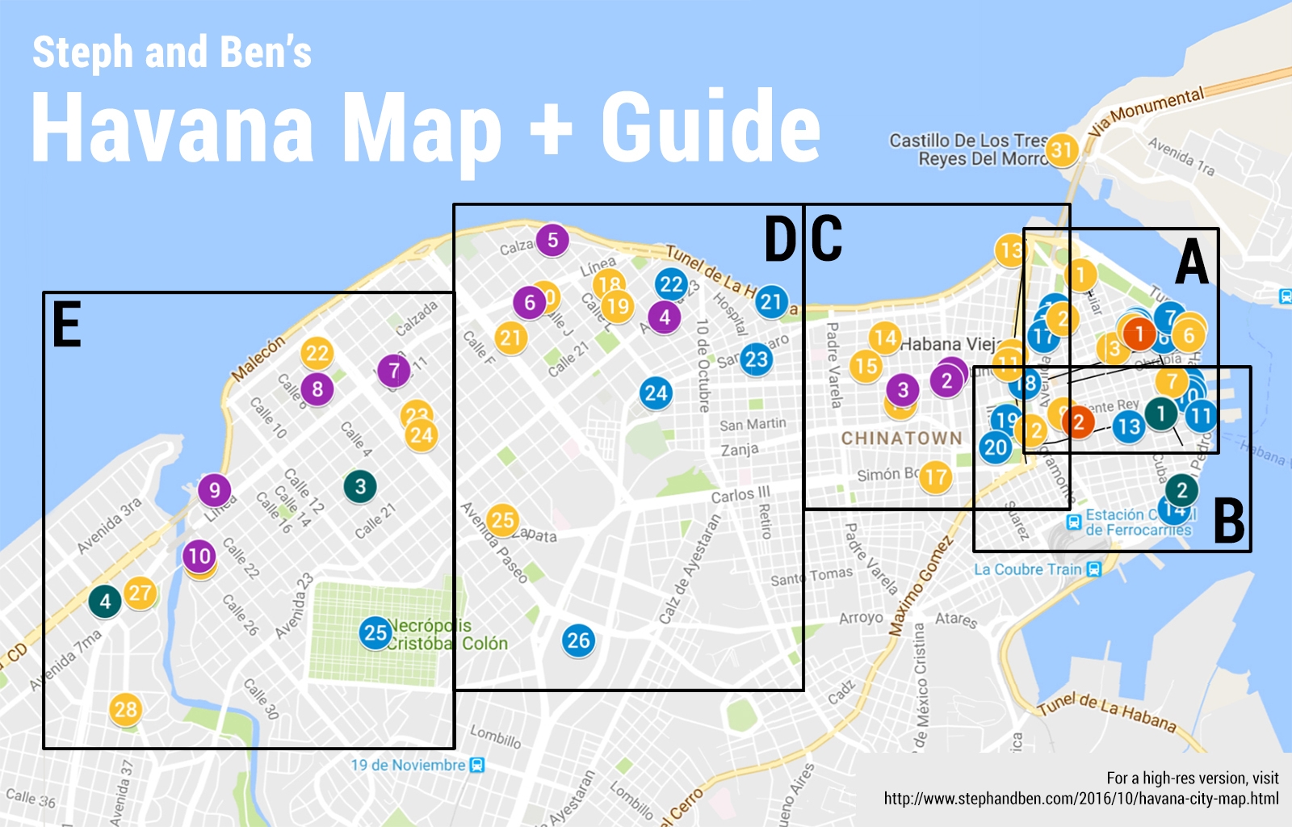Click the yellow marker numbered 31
coord(1061,150)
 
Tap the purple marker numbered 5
coord(552,240)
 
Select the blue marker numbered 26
coord(578,640)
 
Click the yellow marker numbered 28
coord(125,710)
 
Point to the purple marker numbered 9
coord(214,490)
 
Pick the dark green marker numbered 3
coord(360,486)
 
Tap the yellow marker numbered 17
coord(935,477)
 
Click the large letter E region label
coord(67,325)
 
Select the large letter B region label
coord(1229,522)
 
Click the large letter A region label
coord(1192,262)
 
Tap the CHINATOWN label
coord(901,438)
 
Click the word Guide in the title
coord(711,128)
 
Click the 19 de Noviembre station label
coord(409,765)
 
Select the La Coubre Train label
coord(1028,569)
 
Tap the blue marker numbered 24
coord(656,393)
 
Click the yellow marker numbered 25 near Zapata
coord(502,520)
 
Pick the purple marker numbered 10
coord(199,556)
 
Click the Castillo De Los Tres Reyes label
coord(968,149)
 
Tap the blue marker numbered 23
coord(756,359)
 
